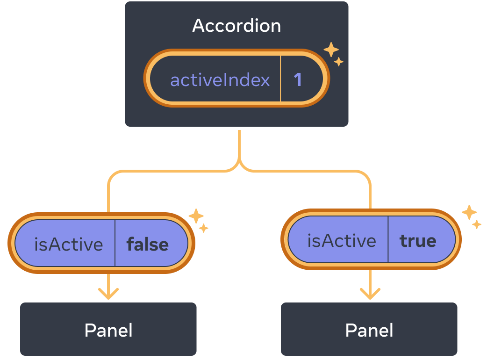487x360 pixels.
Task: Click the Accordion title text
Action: (x=236, y=26)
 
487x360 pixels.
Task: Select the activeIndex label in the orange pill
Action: (x=220, y=80)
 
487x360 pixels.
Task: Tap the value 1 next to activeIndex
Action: (x=298, y=80)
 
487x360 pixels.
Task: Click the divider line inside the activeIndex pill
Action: (x=280, y=79)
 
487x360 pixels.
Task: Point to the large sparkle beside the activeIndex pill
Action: (x=331, y=50)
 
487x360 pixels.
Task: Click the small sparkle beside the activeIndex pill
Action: (x=339, y=62)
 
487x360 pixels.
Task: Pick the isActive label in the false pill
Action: (x=68, y=244)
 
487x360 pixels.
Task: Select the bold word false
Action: (x=147, y=244)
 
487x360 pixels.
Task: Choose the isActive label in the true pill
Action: (x=341, y=240)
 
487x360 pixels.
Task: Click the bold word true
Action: (x=417, y=240)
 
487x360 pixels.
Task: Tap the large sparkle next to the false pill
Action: (x=196, y=216)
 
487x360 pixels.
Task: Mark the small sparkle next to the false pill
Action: (x=204, y=228)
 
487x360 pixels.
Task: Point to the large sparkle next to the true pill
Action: (x=469, y=212)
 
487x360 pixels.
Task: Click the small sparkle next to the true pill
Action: (x=476, y=224)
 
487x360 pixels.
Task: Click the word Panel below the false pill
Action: (x=108, y=330)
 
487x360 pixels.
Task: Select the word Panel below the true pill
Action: (x=369, y=330)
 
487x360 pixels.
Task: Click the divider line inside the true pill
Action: (x=388, y=239)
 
